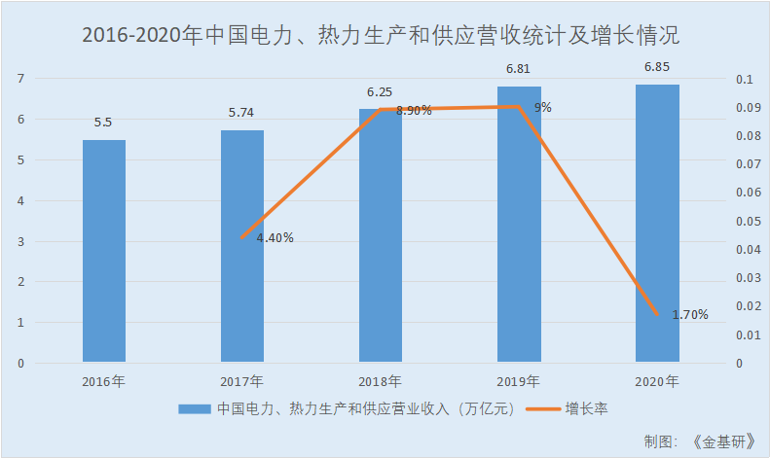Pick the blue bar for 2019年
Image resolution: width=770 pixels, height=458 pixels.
click(x=519, y=225)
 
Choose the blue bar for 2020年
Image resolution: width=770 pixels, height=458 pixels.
click(x=657, y=224)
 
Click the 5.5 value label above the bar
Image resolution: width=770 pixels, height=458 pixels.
click(x=103, y=123)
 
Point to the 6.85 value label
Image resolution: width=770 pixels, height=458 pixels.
click(x=657, y=67)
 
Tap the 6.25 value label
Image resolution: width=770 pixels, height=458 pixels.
click(x=381, y=91)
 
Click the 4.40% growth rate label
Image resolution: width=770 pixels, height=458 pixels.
click(x=275, y=237)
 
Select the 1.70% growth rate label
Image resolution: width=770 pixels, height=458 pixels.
click(x=690, y=315)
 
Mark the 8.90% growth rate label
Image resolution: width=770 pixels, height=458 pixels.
click(x=415, y=111)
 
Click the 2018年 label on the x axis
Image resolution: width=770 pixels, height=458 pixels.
click(x=381, y=381)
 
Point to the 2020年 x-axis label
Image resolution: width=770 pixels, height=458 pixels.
click(x=657, y=381)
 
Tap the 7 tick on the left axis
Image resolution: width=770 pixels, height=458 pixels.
click(x=21, y=79)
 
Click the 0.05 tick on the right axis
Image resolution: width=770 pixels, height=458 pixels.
click(x=744, y=222)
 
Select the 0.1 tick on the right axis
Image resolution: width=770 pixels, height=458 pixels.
click(x=742, y=79)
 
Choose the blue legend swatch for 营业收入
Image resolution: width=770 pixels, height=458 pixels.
click(x=194, y=409)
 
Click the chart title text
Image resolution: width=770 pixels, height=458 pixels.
click(x=381, y=37)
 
